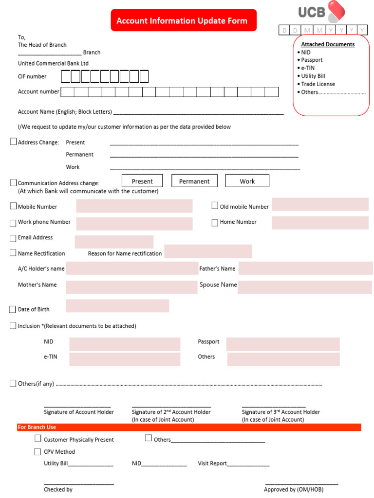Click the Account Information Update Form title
point(182,20)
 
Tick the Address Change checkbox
point(13,142)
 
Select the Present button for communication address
point(142,181)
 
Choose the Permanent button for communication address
point(194,181)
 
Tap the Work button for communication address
point(247,181)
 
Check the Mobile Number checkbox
point(13,206)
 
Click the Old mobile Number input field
point(320,205)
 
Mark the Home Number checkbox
point(215,222)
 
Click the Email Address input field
point(114,242)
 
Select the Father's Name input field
point(306,268)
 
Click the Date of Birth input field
point(117,306)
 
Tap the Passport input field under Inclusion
point(282,344)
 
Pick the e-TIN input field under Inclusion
point(125,359)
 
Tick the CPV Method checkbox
point(37,452)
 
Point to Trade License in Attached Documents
point(318,84)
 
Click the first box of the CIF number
point(66,77)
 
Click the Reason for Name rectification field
point(208,251)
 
